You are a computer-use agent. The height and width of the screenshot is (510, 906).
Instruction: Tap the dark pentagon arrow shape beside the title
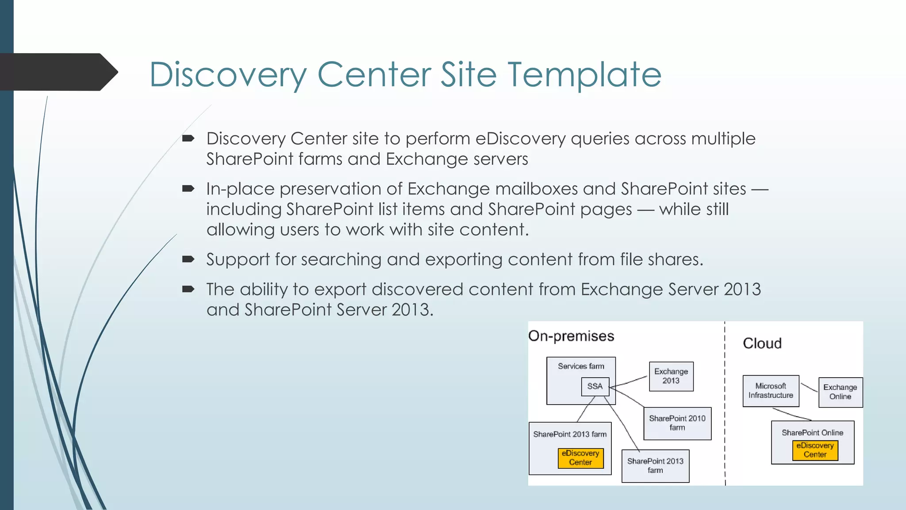58,72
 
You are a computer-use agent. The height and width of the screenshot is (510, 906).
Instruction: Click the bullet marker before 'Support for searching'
188,259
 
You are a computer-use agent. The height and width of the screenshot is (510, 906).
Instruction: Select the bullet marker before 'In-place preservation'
188,189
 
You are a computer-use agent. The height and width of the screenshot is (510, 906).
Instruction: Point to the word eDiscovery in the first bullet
520,139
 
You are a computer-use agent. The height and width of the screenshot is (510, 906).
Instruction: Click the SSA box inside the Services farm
595,386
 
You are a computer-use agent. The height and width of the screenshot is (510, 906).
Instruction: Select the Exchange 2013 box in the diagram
671,376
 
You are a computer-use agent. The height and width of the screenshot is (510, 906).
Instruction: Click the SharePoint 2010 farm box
677,423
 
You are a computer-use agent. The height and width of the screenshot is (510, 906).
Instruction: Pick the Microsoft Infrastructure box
771,391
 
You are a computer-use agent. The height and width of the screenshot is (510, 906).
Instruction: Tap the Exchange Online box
840,392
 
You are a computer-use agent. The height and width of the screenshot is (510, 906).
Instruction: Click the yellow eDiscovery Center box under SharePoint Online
815,450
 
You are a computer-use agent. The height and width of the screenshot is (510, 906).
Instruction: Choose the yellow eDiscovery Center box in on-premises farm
580,458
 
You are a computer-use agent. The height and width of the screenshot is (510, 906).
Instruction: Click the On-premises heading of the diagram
571,336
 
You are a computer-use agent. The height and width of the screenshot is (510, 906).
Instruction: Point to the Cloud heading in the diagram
762,343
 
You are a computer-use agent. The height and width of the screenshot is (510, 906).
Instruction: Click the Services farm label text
581,366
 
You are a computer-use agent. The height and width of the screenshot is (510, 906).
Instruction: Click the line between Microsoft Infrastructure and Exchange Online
809,387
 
